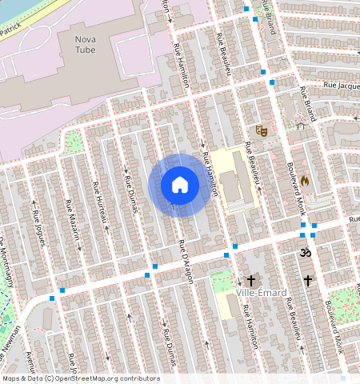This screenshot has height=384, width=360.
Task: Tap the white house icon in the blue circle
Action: click(x=180, y=185)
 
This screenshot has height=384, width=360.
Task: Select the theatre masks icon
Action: click(x=260, y=130)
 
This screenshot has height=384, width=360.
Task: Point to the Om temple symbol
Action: click(x=303, y=253)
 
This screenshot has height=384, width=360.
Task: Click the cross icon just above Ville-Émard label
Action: click(x=251, y=281)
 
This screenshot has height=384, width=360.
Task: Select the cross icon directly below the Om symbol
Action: click(x=308, y=281)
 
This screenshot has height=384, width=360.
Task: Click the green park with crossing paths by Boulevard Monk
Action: click(x=342, y=301)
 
